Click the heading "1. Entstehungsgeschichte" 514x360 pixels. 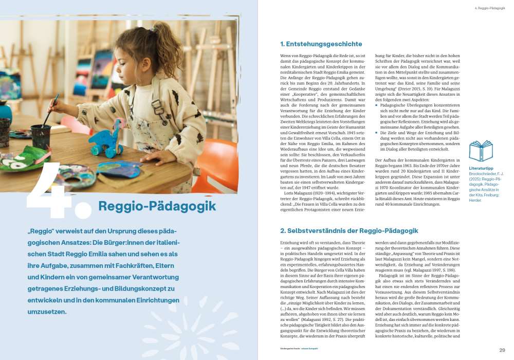(x=321, y=44)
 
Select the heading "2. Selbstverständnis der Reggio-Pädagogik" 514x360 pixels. (x=349, y=231)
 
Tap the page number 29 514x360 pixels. (x=502, y=350)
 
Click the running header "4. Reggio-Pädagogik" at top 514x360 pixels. (x=489, y=8)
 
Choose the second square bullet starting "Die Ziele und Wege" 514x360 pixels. (x=376, y=133)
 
